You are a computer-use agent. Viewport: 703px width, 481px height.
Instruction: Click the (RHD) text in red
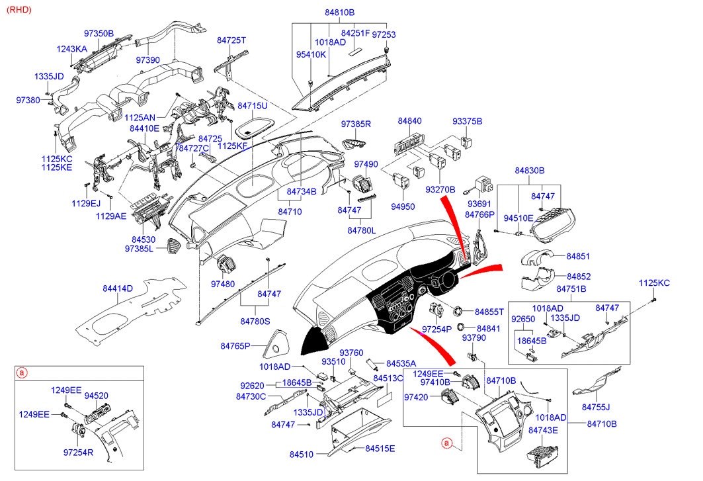click(17, 9)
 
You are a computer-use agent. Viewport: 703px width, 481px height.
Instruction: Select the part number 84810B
click(339, 13)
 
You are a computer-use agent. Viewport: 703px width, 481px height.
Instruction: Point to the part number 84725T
click(231, 40)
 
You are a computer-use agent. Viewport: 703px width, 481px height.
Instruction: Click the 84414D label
click(117, 288)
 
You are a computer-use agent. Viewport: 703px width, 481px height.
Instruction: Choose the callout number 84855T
click(489, 311)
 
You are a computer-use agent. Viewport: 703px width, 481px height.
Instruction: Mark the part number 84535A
click(401, 363)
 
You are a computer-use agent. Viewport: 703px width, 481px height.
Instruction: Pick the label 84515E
click(380, 449)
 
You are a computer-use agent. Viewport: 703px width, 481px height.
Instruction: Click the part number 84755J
click(596, 406)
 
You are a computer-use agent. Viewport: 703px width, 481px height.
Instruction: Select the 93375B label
click(468, 121)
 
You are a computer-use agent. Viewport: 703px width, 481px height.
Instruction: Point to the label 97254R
click(78, 453)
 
